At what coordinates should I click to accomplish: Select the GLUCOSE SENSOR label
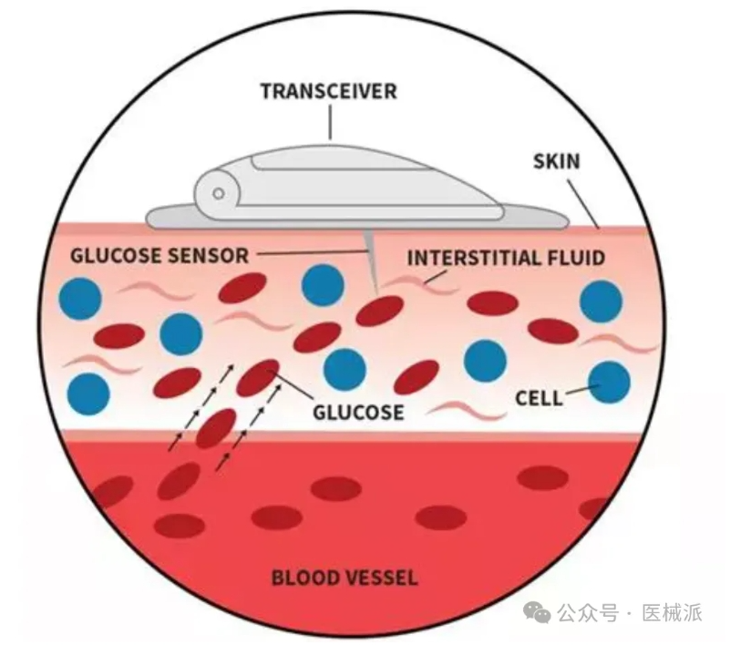(x=159, y=255)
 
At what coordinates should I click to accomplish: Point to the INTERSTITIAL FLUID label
(x=505, y=258)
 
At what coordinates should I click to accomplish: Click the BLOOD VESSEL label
(x=344, y=577)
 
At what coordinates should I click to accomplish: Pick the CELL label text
(x=539, y=398)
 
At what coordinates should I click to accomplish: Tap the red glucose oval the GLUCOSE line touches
(x=258, y=378)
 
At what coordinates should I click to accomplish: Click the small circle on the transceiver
(x=217, y=193)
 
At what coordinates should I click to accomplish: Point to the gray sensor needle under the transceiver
(x=368, y=248)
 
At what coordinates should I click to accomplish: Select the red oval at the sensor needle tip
(x=379, y=310)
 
